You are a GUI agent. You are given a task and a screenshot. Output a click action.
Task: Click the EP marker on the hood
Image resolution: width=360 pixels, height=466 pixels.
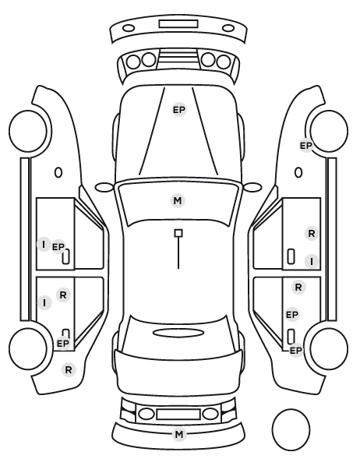[x=179, y=110]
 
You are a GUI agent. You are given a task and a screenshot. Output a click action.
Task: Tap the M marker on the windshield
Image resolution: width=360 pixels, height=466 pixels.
[x=178, y=200]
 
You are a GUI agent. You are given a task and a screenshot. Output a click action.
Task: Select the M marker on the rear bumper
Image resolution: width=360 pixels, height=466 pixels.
[x=179, y=435]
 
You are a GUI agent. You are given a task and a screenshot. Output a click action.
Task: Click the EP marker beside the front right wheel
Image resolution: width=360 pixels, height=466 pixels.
[x=306, y=146]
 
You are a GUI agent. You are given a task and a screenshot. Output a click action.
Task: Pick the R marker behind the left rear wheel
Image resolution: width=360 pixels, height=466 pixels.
[x=69, y=370]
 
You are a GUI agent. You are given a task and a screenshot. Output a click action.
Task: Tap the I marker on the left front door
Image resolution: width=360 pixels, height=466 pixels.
[x=44, y=244]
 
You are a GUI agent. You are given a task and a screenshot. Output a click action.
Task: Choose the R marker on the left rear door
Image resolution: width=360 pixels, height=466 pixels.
[x=63, y=295]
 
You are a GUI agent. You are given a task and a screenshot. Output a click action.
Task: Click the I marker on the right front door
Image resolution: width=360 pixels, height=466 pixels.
[x=312, y=262]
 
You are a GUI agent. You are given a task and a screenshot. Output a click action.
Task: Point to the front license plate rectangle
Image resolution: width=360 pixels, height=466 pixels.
[x=178, y=24]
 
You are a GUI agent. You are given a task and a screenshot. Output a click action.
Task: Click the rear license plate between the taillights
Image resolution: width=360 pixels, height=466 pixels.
[x=178, y=414]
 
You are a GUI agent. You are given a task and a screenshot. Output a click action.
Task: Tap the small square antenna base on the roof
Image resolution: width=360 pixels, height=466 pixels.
[x=178, y=233]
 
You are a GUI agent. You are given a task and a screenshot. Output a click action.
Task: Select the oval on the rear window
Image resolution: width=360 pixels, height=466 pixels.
[x=178, y=334]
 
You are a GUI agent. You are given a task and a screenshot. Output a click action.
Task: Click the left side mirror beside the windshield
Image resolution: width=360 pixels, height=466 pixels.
[x=104, y=187]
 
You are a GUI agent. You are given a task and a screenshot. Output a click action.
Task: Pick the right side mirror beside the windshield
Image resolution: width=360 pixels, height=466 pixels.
[x=252, y=187]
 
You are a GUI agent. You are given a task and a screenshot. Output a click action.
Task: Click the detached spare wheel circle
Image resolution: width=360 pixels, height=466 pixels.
[x=291, y=429]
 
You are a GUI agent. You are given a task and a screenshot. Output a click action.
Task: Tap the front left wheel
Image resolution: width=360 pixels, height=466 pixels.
[x=28, y=131]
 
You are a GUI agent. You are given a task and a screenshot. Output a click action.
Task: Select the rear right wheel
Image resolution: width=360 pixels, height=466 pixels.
[x=329, y=348]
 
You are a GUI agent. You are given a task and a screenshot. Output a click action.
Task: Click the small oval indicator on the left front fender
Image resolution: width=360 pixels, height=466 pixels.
[x=58, y=172]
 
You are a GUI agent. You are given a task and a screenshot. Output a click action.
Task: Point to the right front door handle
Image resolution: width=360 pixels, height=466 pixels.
[x=291, y=256]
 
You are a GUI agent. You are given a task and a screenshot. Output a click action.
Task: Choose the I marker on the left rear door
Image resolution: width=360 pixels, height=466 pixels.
[x=45, y=303]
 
